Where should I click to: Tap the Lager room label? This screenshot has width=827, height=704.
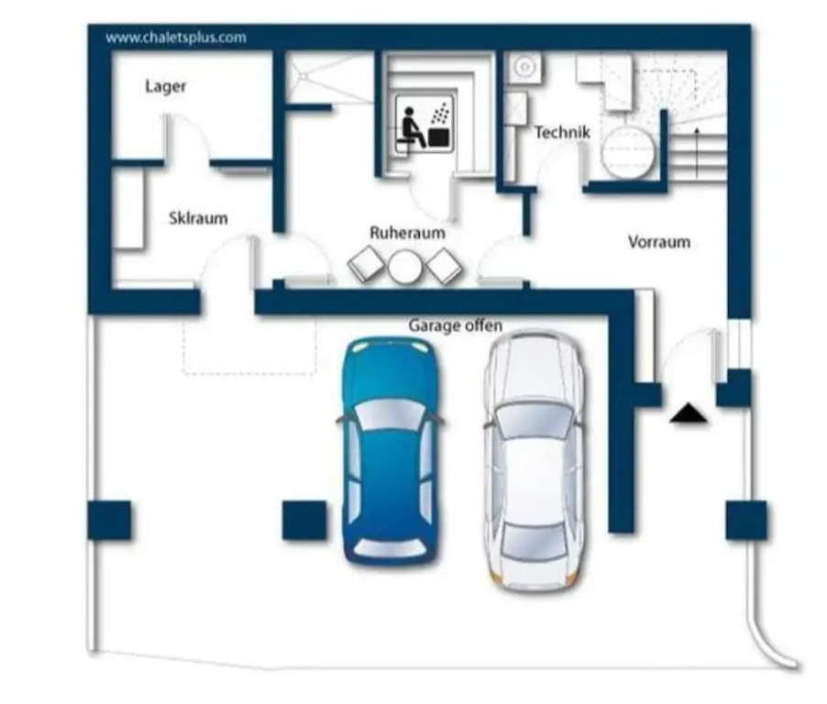click(166, 86)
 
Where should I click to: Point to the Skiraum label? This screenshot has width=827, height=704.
click(198, 218)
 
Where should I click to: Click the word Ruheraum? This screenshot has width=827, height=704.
click(407, 233)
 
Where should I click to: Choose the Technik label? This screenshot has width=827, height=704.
click(562, 132)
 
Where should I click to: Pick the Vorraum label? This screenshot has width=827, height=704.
click(659, 242)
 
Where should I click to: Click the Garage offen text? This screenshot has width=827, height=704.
click(455, 325)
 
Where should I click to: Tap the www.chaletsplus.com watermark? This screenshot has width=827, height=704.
click(176, 38)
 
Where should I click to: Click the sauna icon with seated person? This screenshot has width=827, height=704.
click(425, 125)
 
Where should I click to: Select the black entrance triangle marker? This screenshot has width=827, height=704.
click(689, 412)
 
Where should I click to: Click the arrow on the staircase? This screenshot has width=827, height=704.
click(697, 153)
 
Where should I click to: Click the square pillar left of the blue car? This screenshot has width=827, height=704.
click(304, 520)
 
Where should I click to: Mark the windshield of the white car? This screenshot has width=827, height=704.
click(534, 420)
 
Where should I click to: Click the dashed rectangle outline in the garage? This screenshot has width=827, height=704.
click(249, 346)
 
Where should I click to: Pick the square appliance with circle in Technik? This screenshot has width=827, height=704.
click(524, 67)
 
